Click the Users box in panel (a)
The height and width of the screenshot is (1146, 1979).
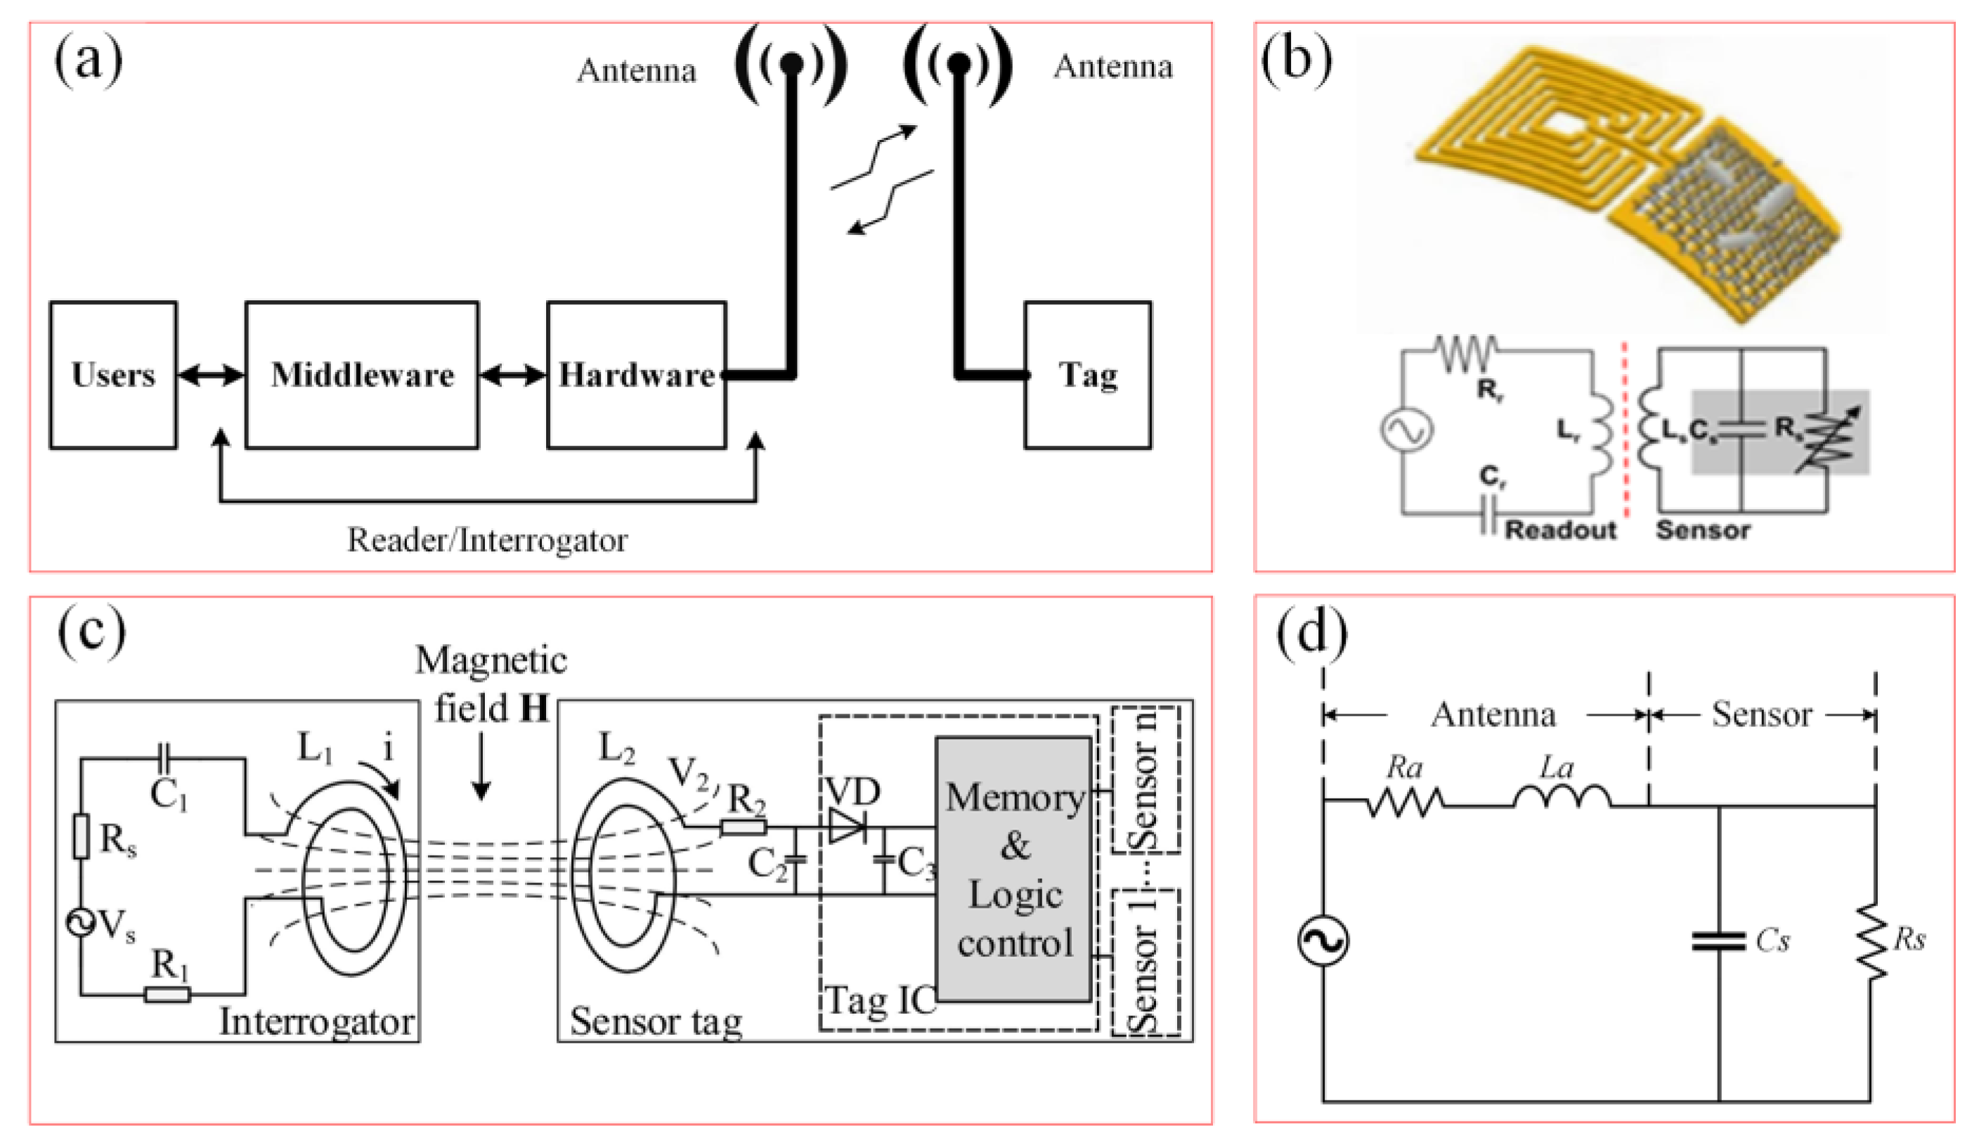coord(113,375)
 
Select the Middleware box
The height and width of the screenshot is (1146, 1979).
coord(362,375)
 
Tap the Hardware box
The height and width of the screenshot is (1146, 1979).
coord(636,375)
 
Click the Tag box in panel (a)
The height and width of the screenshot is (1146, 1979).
coord(1088,375)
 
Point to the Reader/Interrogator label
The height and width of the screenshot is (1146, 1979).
coord(487,541)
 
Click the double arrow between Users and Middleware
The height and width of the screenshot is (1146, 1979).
coord(210,375)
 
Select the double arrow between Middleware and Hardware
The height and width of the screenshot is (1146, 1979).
coord(512,375)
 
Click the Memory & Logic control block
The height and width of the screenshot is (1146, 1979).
coord(1014,869)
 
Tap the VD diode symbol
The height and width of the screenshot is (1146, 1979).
coord(848,827)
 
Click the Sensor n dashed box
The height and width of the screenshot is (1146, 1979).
coord(1146,780)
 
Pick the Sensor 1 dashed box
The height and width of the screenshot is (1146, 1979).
coord(1146,963)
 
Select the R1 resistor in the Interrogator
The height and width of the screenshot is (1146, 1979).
coord(167,995)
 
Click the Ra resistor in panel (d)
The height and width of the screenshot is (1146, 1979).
coord(1405,803)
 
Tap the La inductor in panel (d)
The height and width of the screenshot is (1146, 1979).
coord(1562,799)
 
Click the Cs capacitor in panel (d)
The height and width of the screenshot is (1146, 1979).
coord(1718,941)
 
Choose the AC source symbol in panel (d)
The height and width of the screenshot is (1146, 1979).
coord(1323,941)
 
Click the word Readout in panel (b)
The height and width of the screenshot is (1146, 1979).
coord(1560,530)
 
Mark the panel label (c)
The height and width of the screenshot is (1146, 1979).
coord(91,631)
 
